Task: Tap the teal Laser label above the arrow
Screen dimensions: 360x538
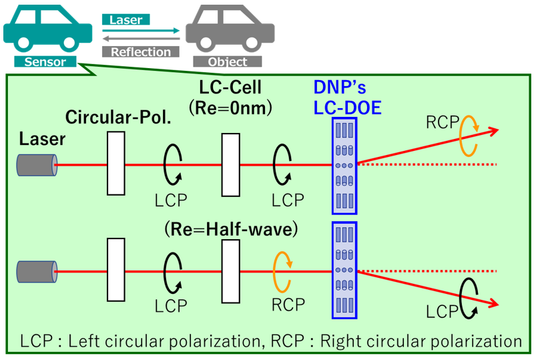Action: pyautogui.click(x=126, y=20)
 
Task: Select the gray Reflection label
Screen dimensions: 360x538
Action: pyautogui.click(x=141, y=51)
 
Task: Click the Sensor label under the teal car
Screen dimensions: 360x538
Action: pyautogui.click(x=45, y=62)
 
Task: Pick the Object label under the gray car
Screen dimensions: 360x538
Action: pyautogui.click(x=228, y=62)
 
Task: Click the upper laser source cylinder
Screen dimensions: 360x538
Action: pyautogui.click(x=37, y=164)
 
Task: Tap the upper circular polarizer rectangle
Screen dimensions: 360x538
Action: pyautogui.click(x=116, y=164)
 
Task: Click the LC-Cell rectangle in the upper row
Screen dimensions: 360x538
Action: pyautogui.click(x=230, y=164)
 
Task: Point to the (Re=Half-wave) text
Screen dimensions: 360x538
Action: pyautogui.click(x=230, y=230)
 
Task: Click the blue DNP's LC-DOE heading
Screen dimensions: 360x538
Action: pyautogui.click(x=347, y=98)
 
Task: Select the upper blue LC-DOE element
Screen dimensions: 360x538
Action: pyautogui.click(x=344, y=164)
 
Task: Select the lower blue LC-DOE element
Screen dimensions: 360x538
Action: pyautogui.click(x=344, y=269)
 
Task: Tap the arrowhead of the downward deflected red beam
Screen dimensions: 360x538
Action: pyautogui.click(x=492, y=305)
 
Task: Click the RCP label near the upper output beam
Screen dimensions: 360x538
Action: pyautogui.click(x=443, y=122)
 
